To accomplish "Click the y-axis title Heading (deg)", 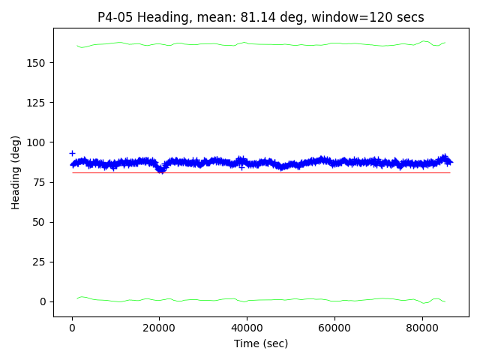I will click(x=16, y=172).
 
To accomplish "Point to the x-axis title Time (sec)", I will click(x=261, y=343).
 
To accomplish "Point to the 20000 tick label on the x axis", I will click(x=159, y=328).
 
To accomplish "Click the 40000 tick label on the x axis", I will click(x=247, y=328).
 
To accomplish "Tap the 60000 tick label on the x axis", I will click(x=334, y=328).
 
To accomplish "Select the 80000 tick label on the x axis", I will click(x=421, y=328).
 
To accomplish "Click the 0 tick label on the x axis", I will click(x=72, y=328).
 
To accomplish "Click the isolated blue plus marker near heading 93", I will click(x=72, y=153).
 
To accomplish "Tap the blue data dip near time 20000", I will click(x=160, y=169).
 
